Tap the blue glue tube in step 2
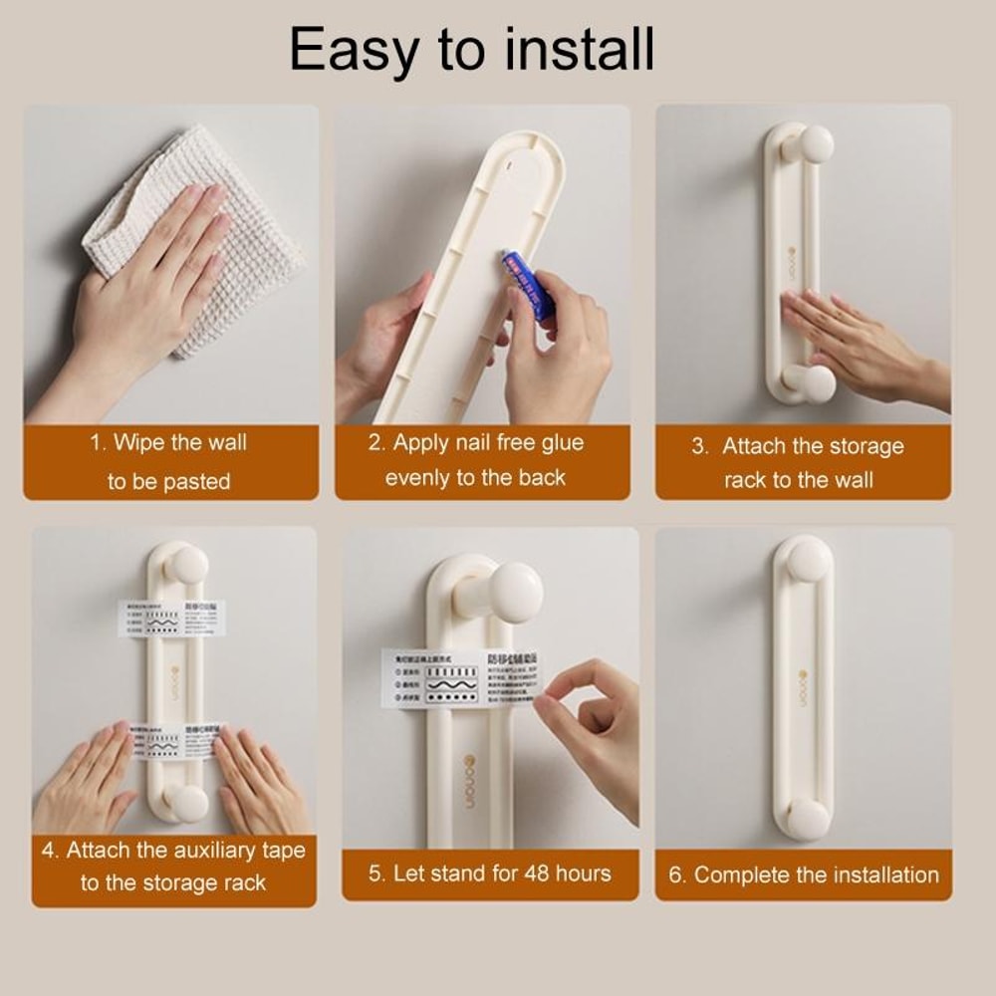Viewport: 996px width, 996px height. [527, 285]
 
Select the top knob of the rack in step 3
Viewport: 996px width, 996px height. [814, 144]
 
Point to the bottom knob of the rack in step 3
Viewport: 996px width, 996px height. [814, 383]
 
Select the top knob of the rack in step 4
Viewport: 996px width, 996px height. [186, 565]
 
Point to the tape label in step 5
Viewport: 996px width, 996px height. [459, 678]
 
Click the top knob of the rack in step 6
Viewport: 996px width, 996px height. [808, 561]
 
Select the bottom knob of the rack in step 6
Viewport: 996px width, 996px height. [808, 819]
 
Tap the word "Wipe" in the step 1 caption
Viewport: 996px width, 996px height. [137, 442]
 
